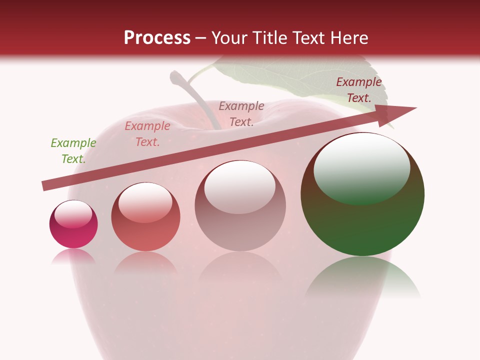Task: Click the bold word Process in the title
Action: (157, 38)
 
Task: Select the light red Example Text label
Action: (147, 134)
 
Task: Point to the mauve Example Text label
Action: (241, 114)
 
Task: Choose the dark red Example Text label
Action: (359, 90)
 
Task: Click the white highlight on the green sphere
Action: (361, 167)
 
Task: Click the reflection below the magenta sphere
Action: (73, 256)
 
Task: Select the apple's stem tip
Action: (176, 77)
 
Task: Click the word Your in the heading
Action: (229, 38)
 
